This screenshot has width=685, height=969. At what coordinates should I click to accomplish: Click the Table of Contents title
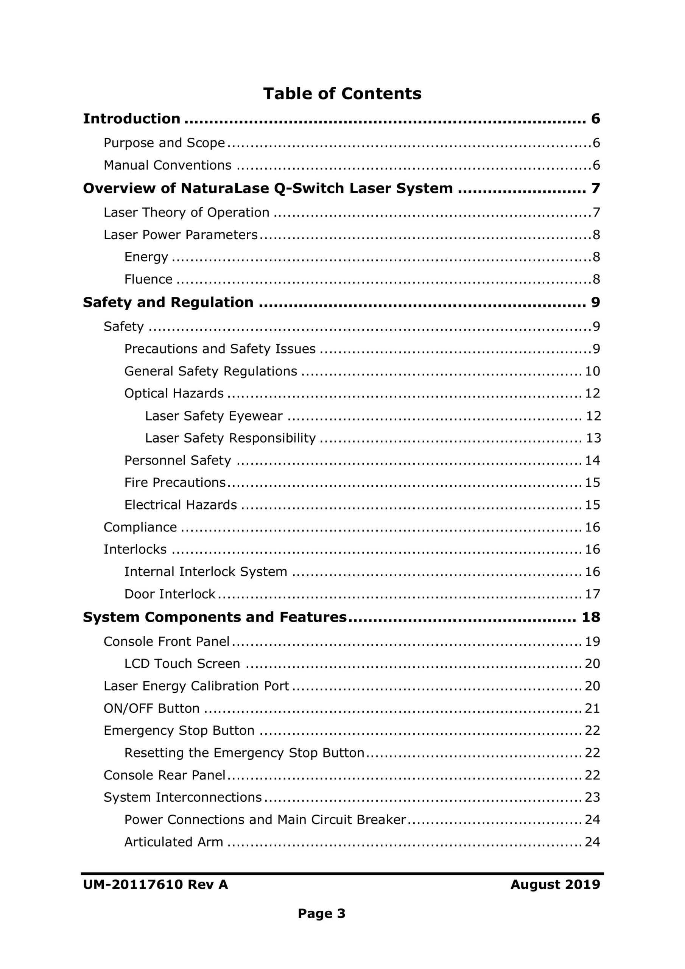[342, 94]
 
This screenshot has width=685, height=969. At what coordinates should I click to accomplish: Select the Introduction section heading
[131, 118]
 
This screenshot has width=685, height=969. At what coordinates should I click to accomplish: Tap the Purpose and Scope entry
[164, 143]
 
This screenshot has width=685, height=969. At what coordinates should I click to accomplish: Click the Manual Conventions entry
[168, 165]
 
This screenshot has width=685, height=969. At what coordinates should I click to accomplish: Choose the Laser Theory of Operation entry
[186, 212]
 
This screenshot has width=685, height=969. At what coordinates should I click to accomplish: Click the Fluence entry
[148, 279]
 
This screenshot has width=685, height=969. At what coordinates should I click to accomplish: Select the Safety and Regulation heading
[168, 302]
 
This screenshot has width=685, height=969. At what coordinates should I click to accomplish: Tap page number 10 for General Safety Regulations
[592, 371]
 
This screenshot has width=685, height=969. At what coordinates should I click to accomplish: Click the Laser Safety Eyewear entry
[213, 416]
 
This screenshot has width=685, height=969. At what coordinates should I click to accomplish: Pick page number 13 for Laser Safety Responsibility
[593, 438]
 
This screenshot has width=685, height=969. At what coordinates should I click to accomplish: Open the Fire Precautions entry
[175, 482]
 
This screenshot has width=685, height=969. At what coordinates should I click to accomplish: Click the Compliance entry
[140, 527]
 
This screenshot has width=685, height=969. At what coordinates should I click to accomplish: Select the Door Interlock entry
[170, 594]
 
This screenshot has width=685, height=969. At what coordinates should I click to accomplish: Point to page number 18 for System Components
[590, 617]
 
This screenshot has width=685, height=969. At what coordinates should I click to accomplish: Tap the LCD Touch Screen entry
[182, 664]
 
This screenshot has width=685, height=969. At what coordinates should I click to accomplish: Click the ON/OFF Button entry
[151, 708]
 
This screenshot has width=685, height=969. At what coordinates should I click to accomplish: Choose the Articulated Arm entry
[173, 841]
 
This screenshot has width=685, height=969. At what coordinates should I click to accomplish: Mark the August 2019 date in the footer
[555, 884]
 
